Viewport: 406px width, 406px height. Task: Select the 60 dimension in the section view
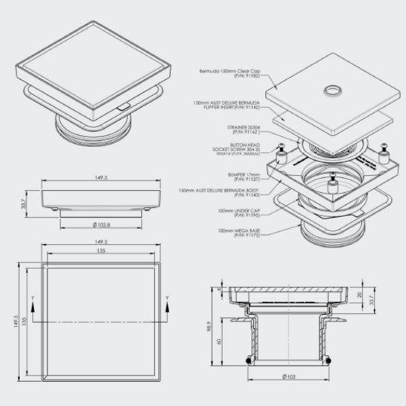[x=220, y=342]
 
